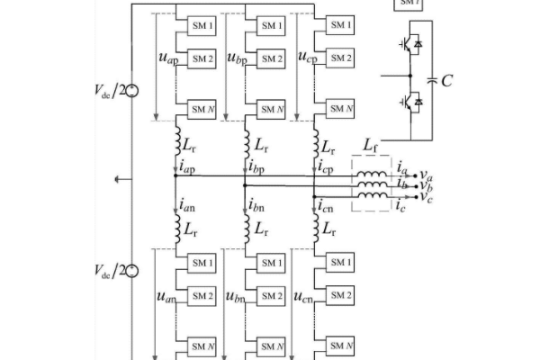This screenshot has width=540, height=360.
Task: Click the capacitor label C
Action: pos(447,81)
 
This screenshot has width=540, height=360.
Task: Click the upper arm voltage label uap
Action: pos(167,58)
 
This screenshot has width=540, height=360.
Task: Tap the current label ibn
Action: pos(257,208)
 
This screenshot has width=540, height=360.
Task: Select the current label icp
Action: pos(326,167)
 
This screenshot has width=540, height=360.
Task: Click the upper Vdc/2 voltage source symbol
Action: pos(131,90)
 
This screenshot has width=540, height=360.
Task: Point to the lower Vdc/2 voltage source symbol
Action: pos(131,271)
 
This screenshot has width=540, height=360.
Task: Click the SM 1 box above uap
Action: pos(201,26)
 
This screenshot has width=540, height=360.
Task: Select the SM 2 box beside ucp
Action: pos(339,58)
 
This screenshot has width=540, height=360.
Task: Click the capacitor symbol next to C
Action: pos(432,81)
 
